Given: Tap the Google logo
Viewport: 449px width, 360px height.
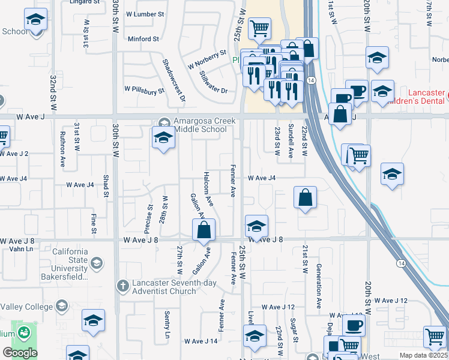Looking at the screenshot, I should click(x=20, y=353).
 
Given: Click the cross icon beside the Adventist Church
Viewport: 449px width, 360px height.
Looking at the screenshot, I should click(x=122, y=286).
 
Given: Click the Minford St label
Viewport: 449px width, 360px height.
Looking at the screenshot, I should click(x=143, y=39).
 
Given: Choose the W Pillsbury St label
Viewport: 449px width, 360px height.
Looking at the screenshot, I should click(x=144, y=90).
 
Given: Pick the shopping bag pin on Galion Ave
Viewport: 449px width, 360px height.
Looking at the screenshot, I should click(x=204, y=230).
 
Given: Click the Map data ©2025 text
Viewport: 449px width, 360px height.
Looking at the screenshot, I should click(x=423, y=355).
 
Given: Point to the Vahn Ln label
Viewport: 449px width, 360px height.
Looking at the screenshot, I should click(x=20, y=249).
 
